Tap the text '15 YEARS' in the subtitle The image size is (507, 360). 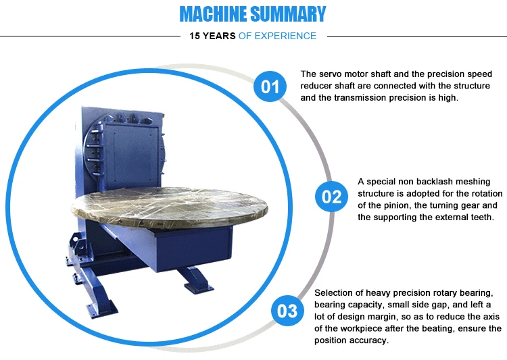pyautogui.click(x=212, y=36)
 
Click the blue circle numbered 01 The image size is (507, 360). pyautogui.click(x=270, y=86)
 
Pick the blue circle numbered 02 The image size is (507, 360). pyautogui.click(x=331, y=197)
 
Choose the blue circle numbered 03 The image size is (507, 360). pyautogui.click(x=287, y=311)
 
